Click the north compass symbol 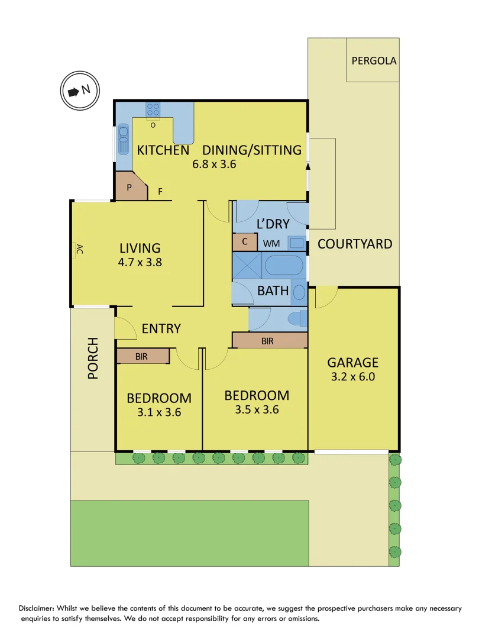(80, 91)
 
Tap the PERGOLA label (374, 60)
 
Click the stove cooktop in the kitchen (153, 109)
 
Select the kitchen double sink (124, 139)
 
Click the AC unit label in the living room (77, 250)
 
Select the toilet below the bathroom (296, 319)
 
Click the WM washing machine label (271, 243)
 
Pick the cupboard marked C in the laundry (245, 243)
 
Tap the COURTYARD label (355, 244)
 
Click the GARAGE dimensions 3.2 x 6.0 (353, 376)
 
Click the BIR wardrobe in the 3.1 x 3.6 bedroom (142, 356)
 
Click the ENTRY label (161, 328)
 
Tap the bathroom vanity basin (300, 292)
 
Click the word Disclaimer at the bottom (41, 608)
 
